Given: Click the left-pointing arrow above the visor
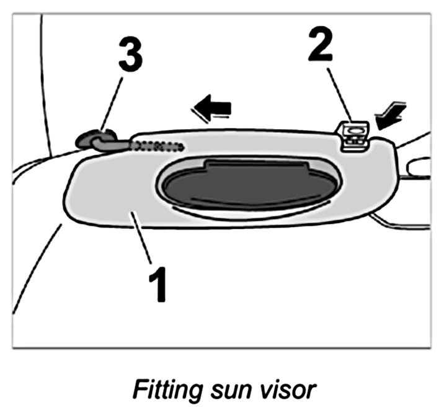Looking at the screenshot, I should point(212,110).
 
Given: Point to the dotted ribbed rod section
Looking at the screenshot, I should point(159,146).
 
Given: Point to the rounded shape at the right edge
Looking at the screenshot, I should point(420,166).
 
